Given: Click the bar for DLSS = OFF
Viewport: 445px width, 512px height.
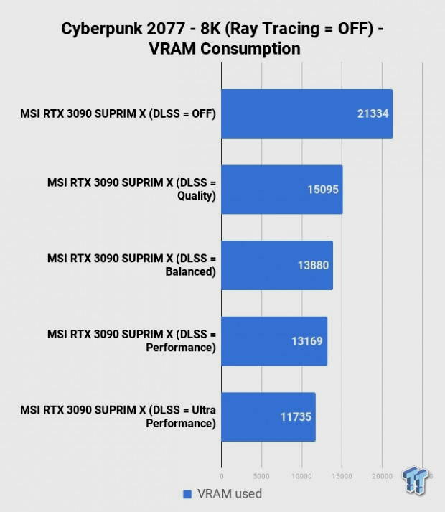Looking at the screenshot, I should [x=306, y=113].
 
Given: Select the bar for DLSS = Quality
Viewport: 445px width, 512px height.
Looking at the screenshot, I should [x=281, y=190].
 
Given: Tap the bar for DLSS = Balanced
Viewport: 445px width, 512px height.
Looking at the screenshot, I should [x=276, y=265].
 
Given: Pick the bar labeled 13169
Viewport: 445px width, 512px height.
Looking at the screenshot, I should [x=273, y=341].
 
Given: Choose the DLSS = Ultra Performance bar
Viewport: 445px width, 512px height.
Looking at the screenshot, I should [x=268, y=417].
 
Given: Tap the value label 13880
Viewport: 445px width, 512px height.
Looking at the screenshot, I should [x=313, y=265].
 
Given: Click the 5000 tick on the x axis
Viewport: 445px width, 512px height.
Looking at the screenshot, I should [x=261, y=475].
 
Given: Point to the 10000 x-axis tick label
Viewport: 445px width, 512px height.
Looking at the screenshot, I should [x=301, y=475].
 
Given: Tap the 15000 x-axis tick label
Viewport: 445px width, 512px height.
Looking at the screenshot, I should [x=342, y=475].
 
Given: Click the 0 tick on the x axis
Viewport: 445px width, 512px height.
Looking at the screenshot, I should [x=221, y=475].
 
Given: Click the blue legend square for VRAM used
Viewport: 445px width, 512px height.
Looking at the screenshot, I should [x=187, y=494].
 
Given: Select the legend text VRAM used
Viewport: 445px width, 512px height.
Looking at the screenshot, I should [x=230, y=494].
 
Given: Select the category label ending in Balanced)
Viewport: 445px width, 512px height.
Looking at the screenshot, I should [x=131, y=265].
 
